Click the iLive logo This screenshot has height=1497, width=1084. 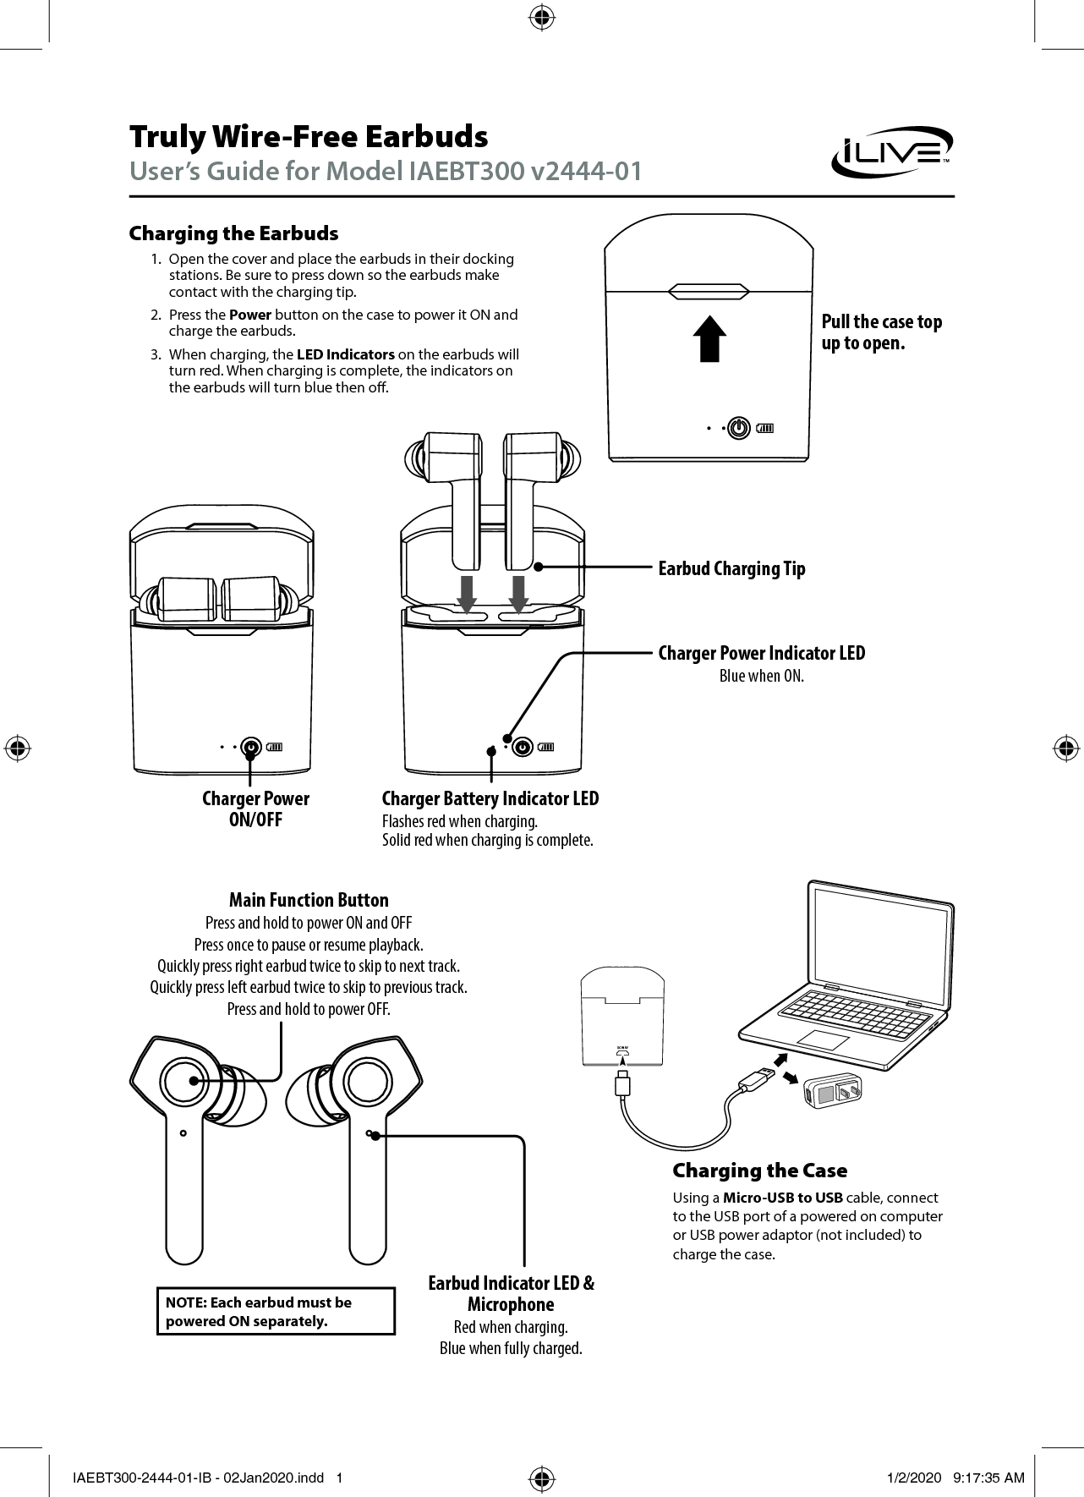[x=892, y=153]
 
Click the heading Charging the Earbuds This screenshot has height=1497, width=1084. [x=233, y=233]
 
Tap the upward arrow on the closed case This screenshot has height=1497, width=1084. [x=710, y=338]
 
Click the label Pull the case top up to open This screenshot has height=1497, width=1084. [x=881, y=332]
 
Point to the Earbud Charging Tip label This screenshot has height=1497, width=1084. [x=731, y=568]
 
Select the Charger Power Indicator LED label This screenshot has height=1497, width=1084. [x=761, y=653]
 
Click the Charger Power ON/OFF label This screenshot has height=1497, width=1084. [x=255, y=809]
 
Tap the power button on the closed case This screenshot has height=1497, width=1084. [x=740, y=428]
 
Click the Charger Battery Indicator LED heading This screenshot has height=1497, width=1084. [x=490, y=798]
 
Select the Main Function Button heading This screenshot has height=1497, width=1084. [x=309, y=900]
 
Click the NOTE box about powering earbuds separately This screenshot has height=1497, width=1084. [x=276, y=1311]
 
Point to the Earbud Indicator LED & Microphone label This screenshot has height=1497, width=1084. [x=511, y=1293]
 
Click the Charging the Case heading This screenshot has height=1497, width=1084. [x=759, y=1171]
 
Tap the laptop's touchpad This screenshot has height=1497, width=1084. [x=823, y=1040]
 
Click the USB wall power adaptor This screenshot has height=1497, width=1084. [x=833, y=1092]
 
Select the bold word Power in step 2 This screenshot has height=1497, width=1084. [x=249, y=315]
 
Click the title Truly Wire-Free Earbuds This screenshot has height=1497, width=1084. [x=309, y=136]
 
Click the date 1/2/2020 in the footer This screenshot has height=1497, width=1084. [x=913, y=1478]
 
